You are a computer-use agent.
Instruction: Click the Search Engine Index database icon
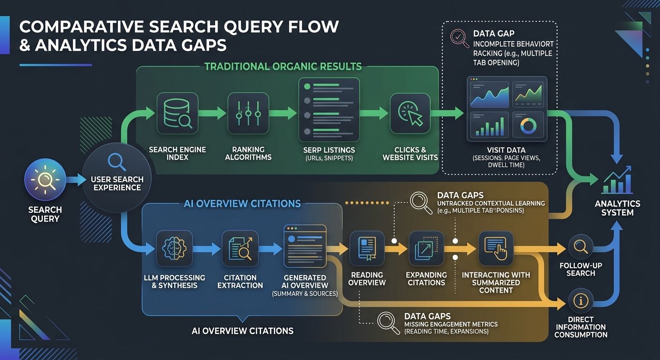[x=177, y=113]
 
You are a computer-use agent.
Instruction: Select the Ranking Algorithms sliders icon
[x=248, y=113]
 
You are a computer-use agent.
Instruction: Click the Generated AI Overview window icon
[x=305, y=246]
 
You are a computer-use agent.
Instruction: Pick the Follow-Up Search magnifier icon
[x=580, y=247]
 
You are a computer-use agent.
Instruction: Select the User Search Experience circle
[x=117, y=179]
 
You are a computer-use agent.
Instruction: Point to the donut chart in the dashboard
[x=528, y=125]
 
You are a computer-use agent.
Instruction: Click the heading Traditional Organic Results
[x=283, y=66]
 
